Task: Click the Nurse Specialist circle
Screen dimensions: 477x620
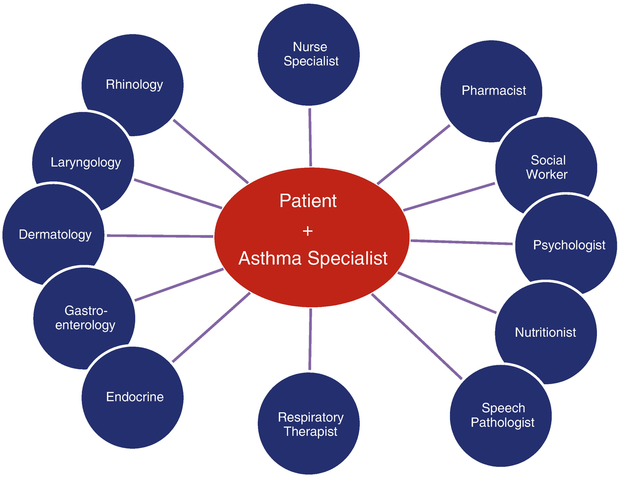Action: click(309, 54)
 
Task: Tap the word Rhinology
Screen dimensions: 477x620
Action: click(134, 85)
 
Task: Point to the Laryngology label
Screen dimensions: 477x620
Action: click(85, 162)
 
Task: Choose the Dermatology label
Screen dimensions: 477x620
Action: click(55, 234)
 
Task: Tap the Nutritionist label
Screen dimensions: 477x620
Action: click(545, 333)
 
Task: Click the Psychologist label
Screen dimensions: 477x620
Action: click(569, 245)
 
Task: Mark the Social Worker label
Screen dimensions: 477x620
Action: click(547, 167)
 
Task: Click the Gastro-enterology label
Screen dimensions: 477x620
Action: click(85, 318)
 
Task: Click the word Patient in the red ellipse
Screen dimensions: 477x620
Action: click(308, 201)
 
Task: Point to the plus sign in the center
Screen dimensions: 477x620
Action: click(308, 231)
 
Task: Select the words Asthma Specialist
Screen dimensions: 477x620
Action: click(313, 258)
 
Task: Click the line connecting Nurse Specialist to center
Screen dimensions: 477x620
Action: click(310, 137)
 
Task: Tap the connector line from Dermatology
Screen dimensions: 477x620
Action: click(159, 236)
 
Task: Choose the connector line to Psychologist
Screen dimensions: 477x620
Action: click(461, 242)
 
